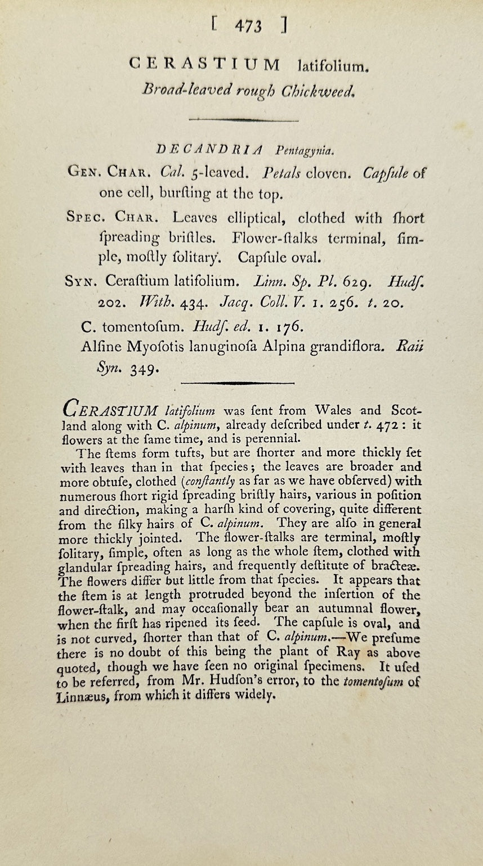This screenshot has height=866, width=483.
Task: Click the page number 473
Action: click(x=248, y=25)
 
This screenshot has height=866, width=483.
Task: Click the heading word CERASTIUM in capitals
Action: click(x=204, y=64)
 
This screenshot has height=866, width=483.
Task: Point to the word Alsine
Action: click(x=100, y=347)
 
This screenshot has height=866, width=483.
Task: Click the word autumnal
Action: click(x=380, y=608)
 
